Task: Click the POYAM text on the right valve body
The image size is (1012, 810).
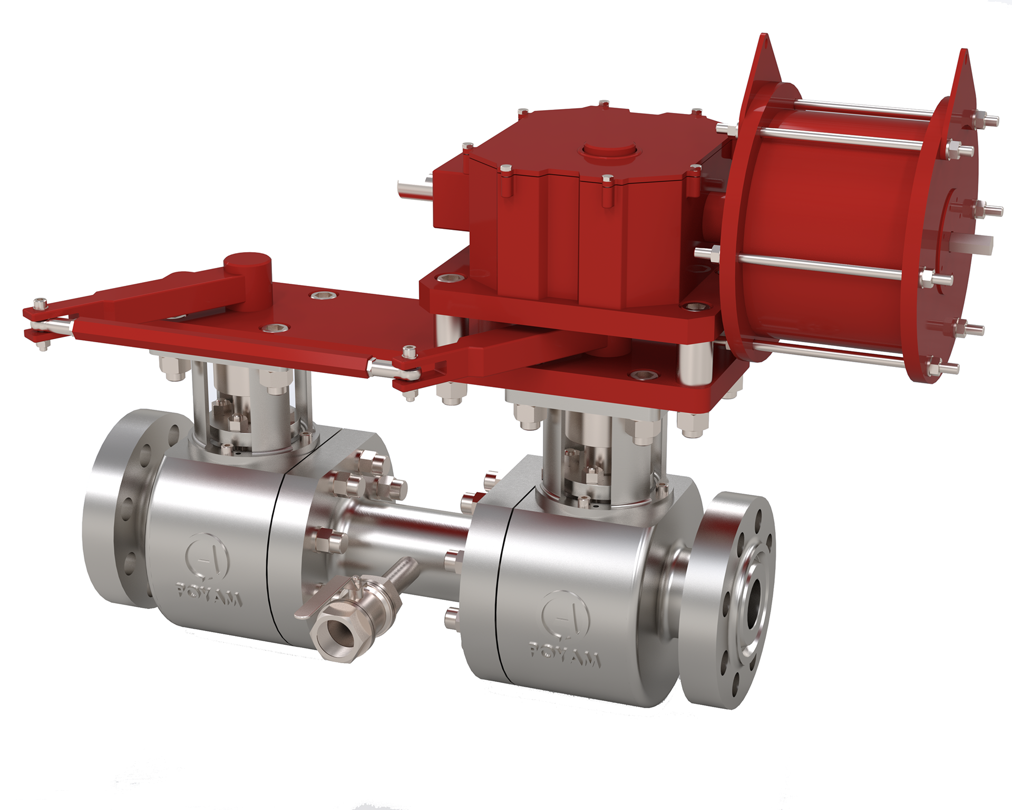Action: click(x=565, y=656)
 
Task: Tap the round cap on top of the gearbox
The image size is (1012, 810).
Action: click(x=611, y=151)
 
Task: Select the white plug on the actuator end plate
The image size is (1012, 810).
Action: click(x=979, y=244)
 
